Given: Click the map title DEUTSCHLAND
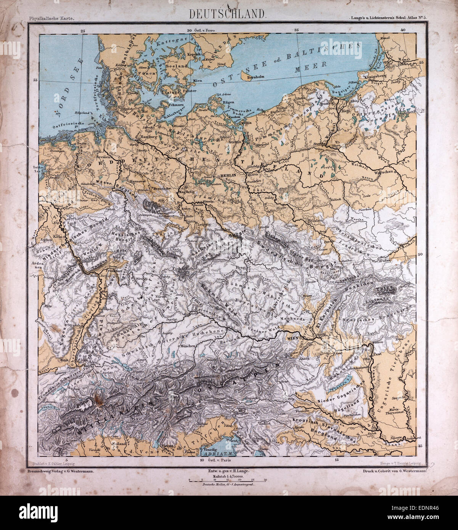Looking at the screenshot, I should click(228, 13).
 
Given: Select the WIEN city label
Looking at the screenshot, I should click(292, 337).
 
